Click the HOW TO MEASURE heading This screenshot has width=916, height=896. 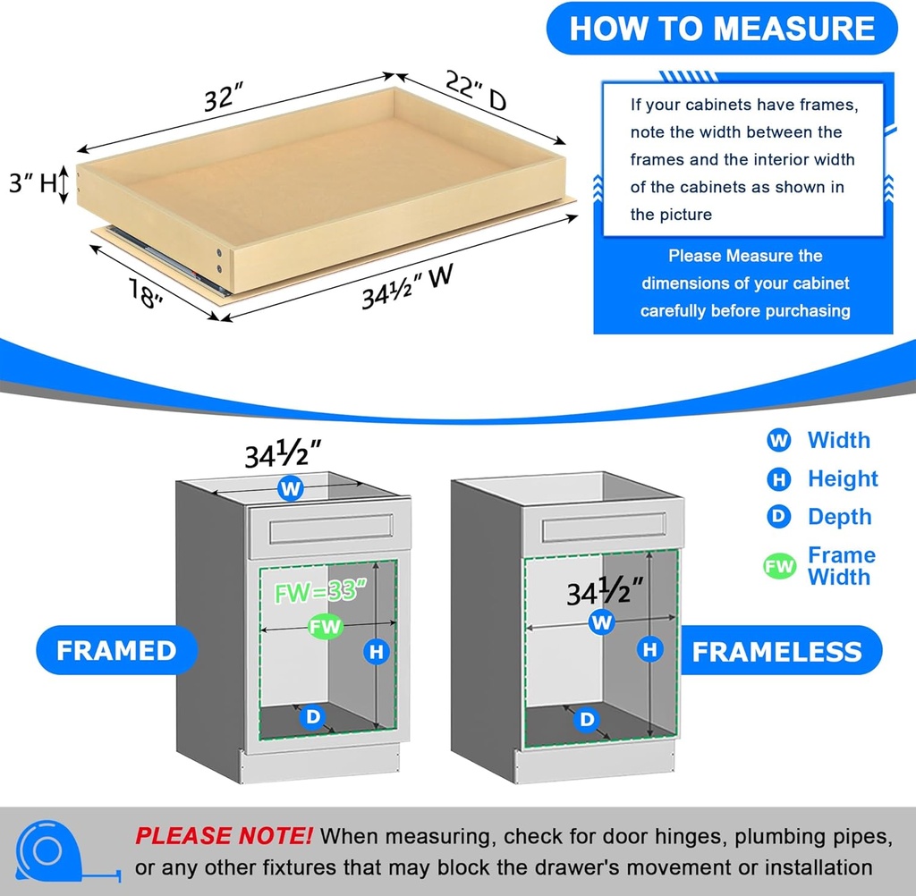click(x=722, y=28)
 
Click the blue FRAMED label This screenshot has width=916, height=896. click(x=116, y=650)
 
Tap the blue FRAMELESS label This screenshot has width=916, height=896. click(x=776, y=651)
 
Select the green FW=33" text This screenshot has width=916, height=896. click(x=318, y=591)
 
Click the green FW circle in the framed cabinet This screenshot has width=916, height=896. click(x=325, y=627)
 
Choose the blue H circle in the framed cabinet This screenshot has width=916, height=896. click(x=377, y=652)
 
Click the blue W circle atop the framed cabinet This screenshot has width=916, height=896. click(x=290, y=488)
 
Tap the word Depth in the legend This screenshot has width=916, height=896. click(x=839, y=517)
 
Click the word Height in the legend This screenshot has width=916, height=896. click(x=843, y=478)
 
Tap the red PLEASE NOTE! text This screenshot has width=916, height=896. click(x=224, y=836)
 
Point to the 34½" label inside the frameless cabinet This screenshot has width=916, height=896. click(x=606, y=591)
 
